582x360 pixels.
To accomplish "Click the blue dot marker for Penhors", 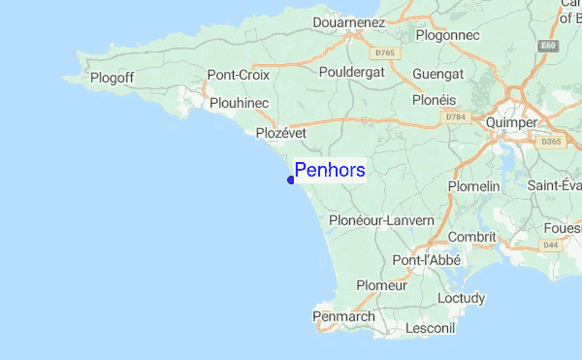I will pos(291,180).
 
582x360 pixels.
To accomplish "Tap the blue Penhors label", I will pos(330,171).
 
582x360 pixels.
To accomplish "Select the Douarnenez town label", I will pos(351,21).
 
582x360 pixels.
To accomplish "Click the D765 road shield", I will pos(385,51).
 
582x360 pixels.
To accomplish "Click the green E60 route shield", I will pos(549,46).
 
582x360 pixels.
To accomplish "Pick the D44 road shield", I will pos(551,245).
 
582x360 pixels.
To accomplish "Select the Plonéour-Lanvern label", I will pos(381,221).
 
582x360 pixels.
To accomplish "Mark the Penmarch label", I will pos(342,316).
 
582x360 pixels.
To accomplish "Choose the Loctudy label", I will pos(461,298).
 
